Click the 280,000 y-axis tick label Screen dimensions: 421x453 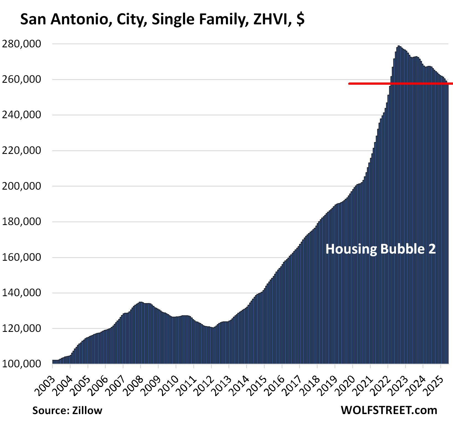[x=21, y=44]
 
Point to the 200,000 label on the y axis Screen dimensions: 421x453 [x=21, y=186]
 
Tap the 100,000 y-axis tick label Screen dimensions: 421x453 [x=21, y=364]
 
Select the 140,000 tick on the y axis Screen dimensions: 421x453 [x=21, y=293]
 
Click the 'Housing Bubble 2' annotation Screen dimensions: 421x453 [x=380, y=249]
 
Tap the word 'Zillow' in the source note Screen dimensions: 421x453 [x=87, y=410]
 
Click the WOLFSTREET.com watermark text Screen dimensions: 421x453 [x=389, y=410]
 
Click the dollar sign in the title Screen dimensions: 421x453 [x=300, y=19]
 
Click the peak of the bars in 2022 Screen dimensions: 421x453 [x=399, y=46]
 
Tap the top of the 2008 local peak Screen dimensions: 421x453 [x=141, y=302]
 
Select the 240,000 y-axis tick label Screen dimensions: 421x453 [x=21, y=115]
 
